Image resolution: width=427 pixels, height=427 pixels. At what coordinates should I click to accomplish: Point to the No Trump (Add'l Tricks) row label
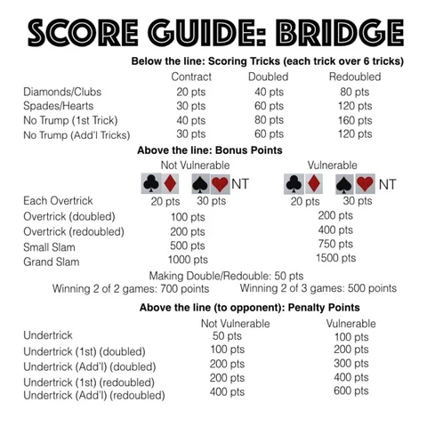point(77,134)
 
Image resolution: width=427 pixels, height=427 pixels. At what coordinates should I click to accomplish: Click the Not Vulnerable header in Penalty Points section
point(236,323)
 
